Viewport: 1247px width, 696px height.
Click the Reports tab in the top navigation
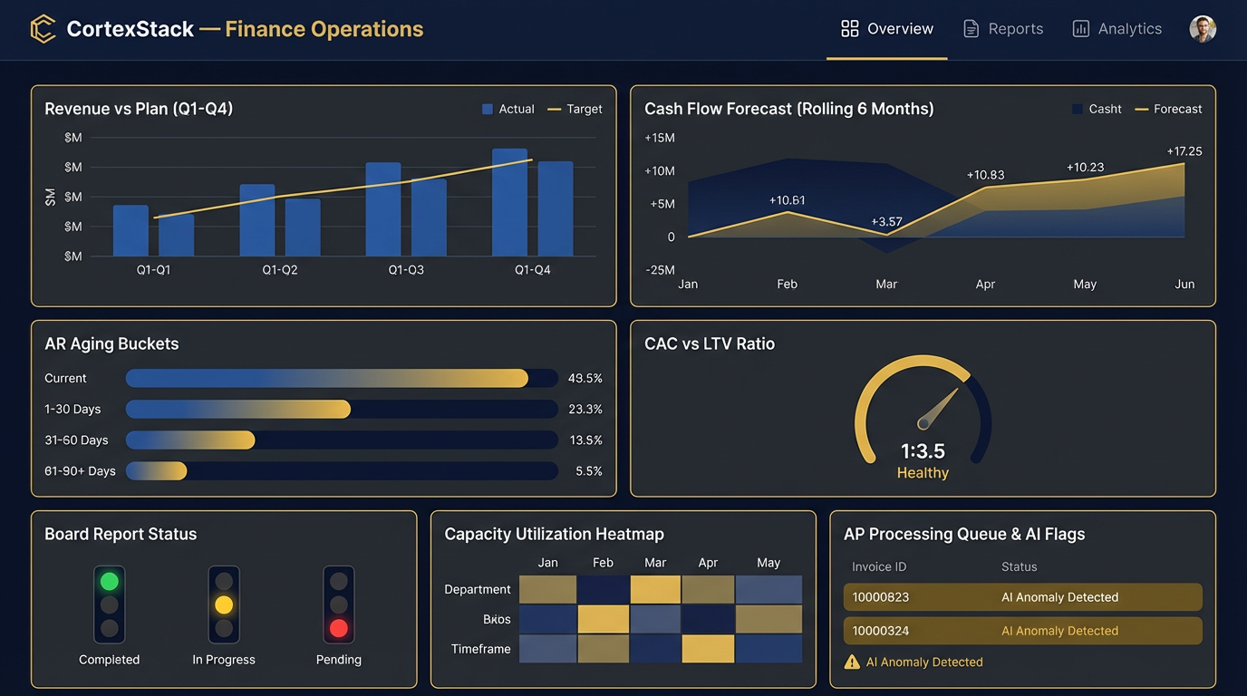pos(1003,29)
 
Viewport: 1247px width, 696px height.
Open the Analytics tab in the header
pos(1116,29)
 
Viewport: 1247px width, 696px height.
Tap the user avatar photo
pos(1203,29)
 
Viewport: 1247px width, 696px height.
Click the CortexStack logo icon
pos(43,29)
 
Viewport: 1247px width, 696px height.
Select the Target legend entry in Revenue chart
pos(575,109)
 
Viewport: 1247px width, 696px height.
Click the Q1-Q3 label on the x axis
pos(406,270)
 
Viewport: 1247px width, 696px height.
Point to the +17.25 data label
pos(1184,151)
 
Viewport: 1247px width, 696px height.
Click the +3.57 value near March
pos(886,221)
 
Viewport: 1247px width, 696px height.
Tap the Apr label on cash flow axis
pos(985,284)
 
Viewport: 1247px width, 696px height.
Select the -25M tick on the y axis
pos(659,270)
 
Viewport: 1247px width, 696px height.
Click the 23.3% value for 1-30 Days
pos(585,410)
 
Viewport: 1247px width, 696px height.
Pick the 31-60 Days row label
pos(76,440)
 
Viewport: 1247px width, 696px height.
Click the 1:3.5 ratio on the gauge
pos(923,450)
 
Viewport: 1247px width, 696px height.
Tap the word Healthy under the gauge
pos(923,473)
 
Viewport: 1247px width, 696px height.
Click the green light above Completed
pos(110,581)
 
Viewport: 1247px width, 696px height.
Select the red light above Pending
pos(339,628)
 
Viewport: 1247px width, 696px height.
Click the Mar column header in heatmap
pos(655,563)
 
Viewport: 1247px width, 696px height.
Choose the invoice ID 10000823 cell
pos(880,597)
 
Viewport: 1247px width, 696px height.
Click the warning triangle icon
pos(852,662)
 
